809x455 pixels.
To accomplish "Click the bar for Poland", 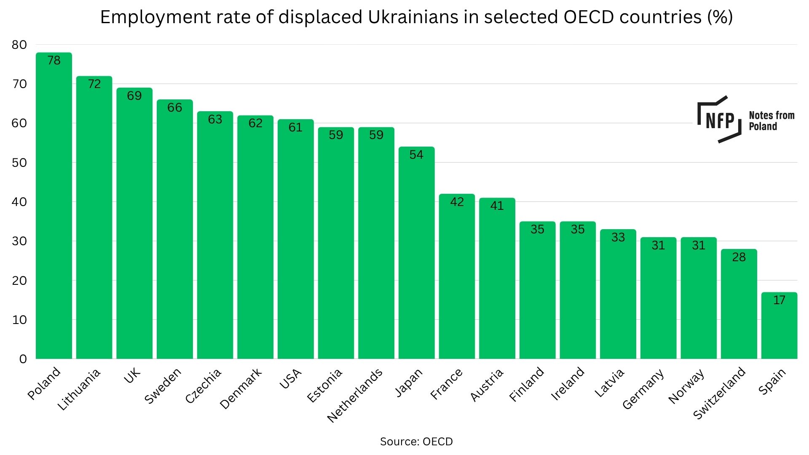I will tap(54, 206).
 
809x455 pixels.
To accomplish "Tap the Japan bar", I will tap(416, 253).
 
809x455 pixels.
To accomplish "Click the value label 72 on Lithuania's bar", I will tap(94, 84).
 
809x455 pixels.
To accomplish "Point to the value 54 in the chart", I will tap(416, 155).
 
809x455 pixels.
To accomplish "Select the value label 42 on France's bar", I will tap(457, 202).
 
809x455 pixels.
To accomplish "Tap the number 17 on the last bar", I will tap(779, 300).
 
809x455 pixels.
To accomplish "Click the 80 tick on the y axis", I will tap(19, 45).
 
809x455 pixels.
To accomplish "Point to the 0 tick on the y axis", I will tap(23, 359).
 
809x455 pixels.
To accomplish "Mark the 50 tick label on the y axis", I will tap(19, 163).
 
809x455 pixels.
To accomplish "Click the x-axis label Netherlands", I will tap(355, 395).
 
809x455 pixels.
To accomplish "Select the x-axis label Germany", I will tap(643, 389).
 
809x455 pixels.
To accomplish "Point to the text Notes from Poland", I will tap(771, 121).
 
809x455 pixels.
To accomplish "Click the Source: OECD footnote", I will tap(416, 442).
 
